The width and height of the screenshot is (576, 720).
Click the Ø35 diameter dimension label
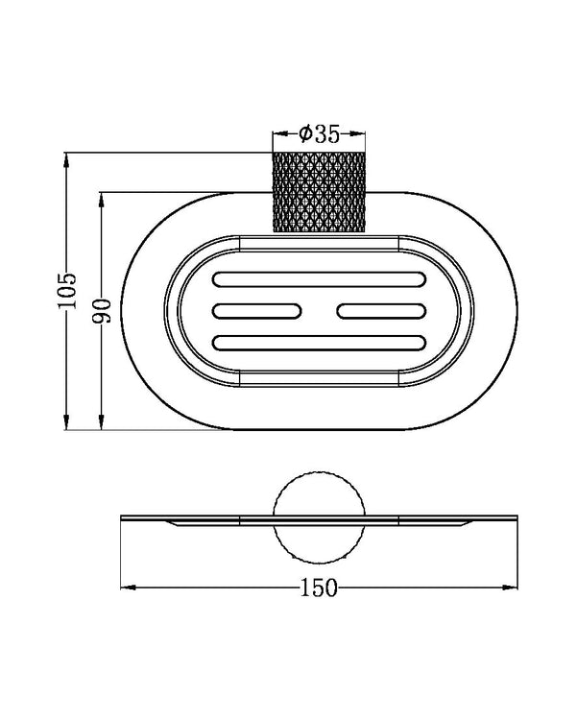coord(320,134)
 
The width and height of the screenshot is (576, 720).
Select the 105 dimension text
coord(67,291)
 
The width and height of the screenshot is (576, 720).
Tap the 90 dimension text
coord(102,311)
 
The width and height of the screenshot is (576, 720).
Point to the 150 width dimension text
coord(319,588)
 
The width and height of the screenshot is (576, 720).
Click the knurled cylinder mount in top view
coord(320,192)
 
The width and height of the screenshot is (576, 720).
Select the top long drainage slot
coord(320,279)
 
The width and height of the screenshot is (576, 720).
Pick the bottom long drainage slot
coord(320,343)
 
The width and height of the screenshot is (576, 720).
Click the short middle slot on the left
coord(256,311)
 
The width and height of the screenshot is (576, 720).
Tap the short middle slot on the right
coord(381,311)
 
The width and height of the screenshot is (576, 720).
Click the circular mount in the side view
coord(320,517)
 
